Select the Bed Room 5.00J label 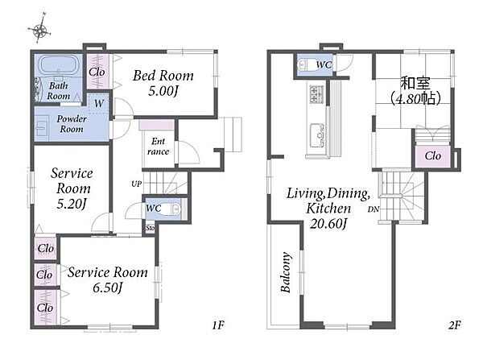click(163, 83)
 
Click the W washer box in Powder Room click(99, 103)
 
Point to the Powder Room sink click(41, 126)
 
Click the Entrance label click(158, 146)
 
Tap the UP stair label click(137, 184)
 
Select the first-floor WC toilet click(172, 209)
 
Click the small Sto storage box click(150, 228)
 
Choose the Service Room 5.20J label click(72, 188)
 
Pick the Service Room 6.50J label click(108, 279)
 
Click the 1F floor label click(218, 325)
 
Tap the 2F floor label click(454, 325)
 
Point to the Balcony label click(286, 272)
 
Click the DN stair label click(374, 209)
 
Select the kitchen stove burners click(316, 93)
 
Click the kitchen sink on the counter click(316, 136)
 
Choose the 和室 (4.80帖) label click(415, 91)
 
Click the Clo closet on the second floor click(433, 156)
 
